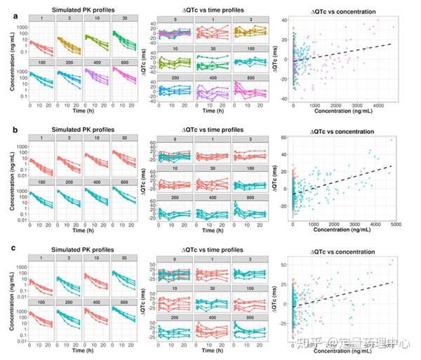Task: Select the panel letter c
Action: coord(6,249)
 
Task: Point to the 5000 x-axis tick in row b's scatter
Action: coord(395,225)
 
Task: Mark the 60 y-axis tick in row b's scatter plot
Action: coord(286,138)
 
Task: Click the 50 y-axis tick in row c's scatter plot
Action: coord(286,265)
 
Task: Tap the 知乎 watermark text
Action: coord(307,344)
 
